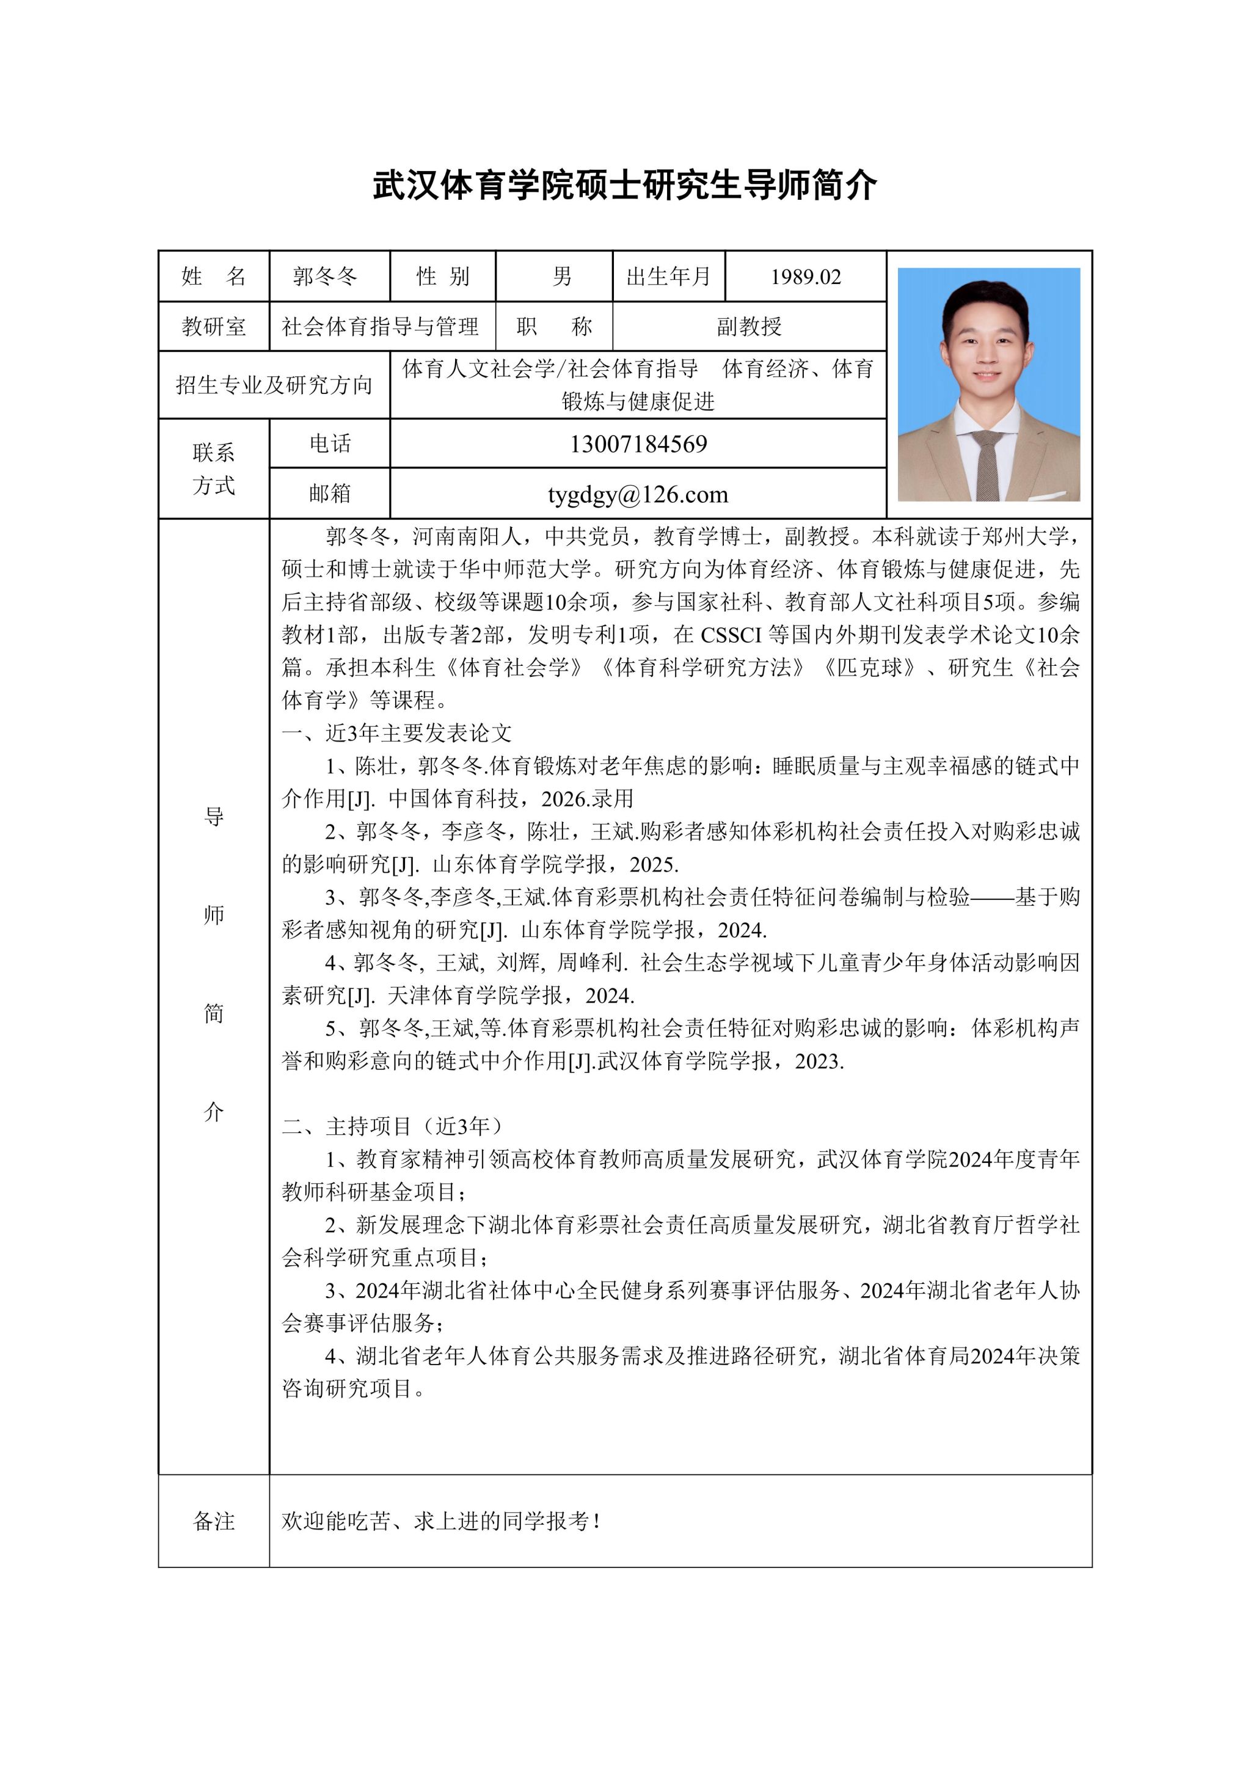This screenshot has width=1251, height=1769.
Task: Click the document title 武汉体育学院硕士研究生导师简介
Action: pos(625,186)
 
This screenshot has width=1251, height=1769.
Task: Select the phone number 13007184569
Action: pos(638,444)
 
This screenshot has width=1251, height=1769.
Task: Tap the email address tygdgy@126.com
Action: pos(638,494)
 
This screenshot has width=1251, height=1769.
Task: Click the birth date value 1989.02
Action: pos(806,277)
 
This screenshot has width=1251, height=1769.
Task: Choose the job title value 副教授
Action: pos(749,327)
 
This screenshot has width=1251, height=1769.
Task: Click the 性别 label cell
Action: pos(443,277)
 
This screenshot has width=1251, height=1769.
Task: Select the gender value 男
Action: pos(563,277)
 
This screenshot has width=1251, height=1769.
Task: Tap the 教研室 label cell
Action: pos(213,327)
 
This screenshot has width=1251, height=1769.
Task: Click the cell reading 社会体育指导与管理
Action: pos(381,327)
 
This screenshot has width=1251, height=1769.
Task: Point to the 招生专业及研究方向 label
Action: pos(274,384)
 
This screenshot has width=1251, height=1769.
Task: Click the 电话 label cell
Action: pos(330,444)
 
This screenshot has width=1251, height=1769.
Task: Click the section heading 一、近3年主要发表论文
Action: pos(396,733)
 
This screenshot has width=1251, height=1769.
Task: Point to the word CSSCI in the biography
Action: pos(731,635)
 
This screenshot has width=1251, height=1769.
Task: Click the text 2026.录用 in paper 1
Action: pos(587,798)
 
